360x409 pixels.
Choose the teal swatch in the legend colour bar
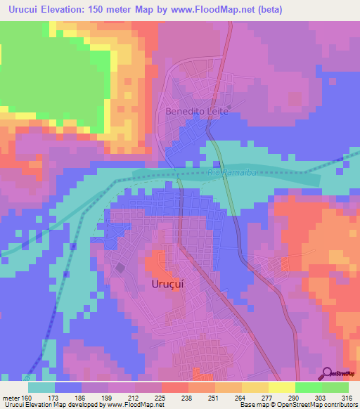tap(41, 387)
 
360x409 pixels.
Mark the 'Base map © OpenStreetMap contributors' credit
tap(297, 405)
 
